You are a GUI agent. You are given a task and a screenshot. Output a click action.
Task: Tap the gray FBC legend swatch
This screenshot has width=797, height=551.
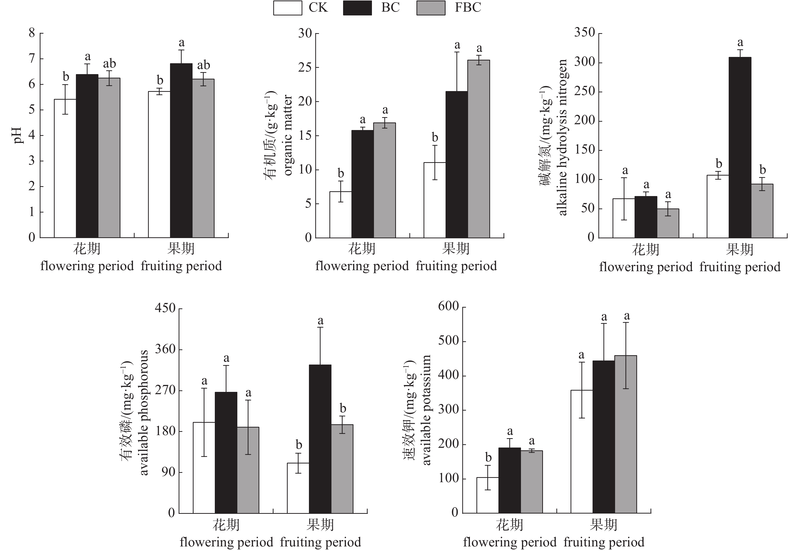(x=431, y=8)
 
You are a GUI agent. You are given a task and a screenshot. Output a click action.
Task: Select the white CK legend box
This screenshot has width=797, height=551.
(x=287, y=8)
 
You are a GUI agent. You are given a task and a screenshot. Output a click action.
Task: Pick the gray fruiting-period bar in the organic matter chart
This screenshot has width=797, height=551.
(x=479, y=149)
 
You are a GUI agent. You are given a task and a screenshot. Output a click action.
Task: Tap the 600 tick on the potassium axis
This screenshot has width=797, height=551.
(x=448, y=306)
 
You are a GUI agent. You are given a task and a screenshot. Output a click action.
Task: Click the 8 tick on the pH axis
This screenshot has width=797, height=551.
(x=32, y=33)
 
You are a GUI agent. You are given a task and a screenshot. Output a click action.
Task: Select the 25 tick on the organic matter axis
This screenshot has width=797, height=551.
(x=305, y=67)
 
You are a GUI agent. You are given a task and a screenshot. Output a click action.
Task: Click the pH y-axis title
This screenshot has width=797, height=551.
(x=17, y=135)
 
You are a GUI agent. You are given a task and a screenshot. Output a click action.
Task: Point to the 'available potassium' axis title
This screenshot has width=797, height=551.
(x=427, y=410)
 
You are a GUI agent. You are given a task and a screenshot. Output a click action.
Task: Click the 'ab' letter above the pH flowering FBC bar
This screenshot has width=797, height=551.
(x=110, y=64)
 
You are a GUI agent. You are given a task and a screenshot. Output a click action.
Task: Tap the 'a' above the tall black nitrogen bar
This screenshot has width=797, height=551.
(x=740, y=43)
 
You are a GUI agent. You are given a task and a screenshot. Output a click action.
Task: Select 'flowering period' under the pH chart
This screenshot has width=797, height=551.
(x=87, y=266)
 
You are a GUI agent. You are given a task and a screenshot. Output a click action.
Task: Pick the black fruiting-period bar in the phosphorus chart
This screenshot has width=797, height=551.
(x=320, y=439)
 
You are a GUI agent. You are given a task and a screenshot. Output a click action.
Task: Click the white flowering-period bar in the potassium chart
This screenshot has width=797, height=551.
(x=487, y=495)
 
